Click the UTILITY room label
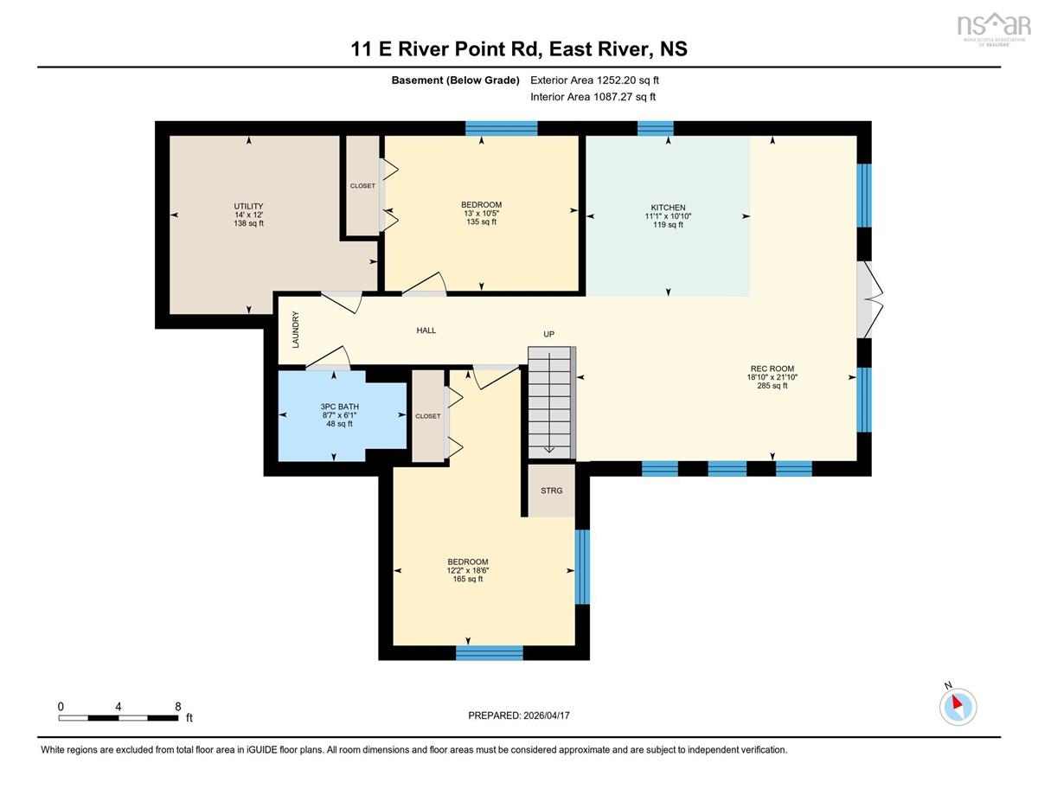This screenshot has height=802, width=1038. tap(248, 207)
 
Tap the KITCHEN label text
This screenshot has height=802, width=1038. tap(668, 208)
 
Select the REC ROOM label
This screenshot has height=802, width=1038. tap(772, 369)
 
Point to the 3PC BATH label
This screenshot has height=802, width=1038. tap(339, 407)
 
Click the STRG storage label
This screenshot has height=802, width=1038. tap(551, 491)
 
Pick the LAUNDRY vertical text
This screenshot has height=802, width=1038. tap(296, 330)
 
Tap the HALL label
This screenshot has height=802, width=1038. tap(426, 330)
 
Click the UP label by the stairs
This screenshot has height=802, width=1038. tap(549, 334)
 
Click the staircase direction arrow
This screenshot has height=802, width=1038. tap(549, 402)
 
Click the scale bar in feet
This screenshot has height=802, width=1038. tap(119, 718)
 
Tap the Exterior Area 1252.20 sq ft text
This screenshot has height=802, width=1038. tap(595, 80)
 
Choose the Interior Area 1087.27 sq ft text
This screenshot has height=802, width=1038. tap(593, 97)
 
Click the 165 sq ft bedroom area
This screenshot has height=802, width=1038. tap(468, 579)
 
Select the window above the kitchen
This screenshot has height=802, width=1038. tap(655, 128)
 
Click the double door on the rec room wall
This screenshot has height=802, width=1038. tap(869, 299)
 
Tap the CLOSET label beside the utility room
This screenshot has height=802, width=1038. tap(362, 186)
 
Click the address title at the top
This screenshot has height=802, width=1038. tap(519, 48)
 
